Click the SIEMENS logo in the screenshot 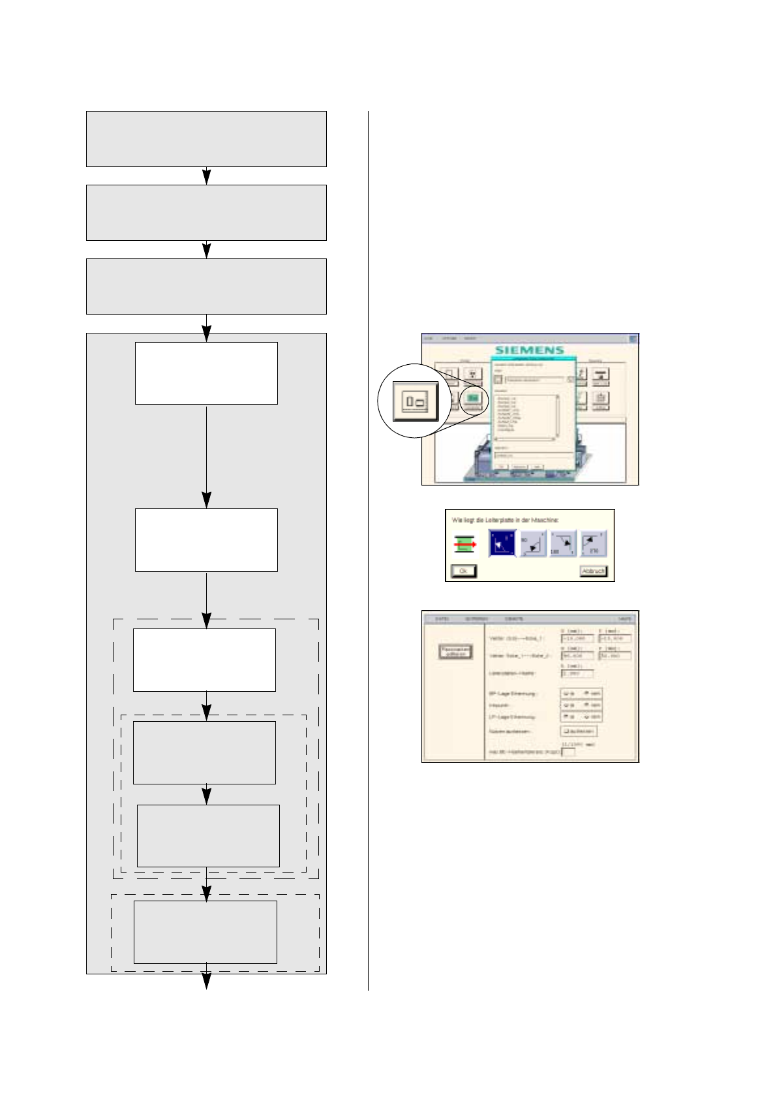(529, 350)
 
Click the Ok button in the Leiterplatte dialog (463, 571)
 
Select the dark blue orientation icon (502, 544)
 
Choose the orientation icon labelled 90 (533, 544)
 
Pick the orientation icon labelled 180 (563, 544)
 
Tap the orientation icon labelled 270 (593, 544)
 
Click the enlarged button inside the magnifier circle (416, 401)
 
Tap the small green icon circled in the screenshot (474, 397)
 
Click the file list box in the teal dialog (526, 416)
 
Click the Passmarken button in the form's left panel (455, 651)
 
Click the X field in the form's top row (577, 638)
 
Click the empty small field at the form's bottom (568, 752)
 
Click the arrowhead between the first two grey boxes (207, 176)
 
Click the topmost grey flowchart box (206, 138)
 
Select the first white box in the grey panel (206, 373)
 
